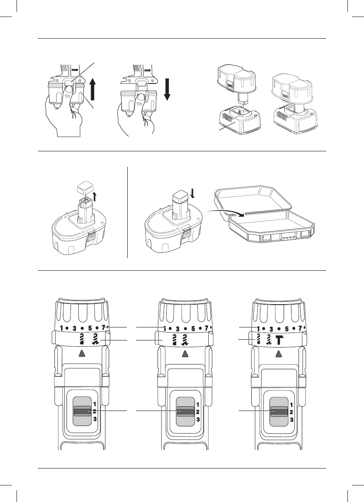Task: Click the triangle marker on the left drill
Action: [82, 353]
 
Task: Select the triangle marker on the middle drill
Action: [185, 353]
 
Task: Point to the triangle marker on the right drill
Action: [279, 353]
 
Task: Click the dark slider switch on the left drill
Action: [82, 411]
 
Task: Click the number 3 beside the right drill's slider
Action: [292, 420]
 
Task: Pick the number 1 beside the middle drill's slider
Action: [198, 404]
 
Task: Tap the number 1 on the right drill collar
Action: [258, 328]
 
